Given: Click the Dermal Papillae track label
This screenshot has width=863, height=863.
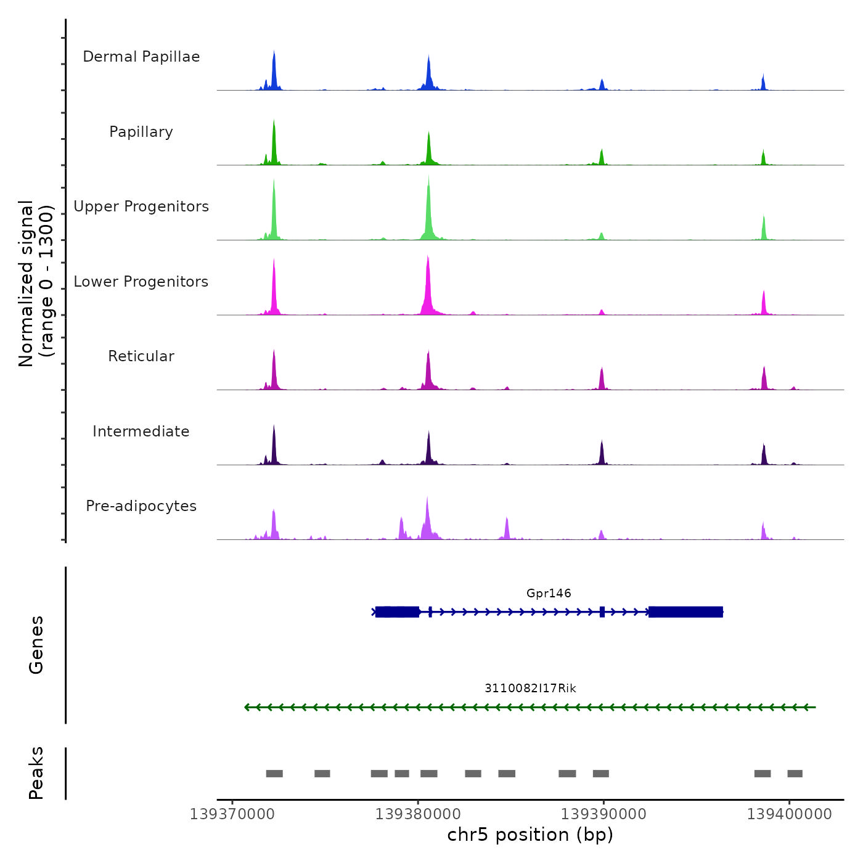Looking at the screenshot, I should click(141, 57).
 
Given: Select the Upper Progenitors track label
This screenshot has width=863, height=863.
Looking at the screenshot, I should click(141, 207).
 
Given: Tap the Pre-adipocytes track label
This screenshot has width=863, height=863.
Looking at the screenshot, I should click(141, 506).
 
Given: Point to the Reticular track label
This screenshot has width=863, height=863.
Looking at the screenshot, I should click(141, 356).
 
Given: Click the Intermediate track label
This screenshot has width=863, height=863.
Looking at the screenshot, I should click(141, 431).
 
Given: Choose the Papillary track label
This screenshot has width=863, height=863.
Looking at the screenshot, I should click(141, 132).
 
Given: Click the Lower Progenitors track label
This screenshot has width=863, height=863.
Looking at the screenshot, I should click(141, 282).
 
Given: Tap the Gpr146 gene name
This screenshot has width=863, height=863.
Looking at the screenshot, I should click(549, 594).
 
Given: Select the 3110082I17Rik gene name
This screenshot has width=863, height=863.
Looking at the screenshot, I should click(530, 689).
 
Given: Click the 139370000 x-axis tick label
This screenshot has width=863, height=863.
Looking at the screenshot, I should click(232, 814).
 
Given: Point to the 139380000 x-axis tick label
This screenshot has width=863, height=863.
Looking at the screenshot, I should click(418, 814).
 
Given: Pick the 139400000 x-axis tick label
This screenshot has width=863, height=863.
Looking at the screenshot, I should click(789, 814).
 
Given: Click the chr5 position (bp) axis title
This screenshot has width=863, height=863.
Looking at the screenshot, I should click(530, 835).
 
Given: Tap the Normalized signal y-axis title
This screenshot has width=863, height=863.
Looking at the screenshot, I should click(36, 284).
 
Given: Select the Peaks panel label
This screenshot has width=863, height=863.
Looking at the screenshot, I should click(36, 773).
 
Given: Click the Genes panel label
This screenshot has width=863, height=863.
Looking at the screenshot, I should click(36, 645).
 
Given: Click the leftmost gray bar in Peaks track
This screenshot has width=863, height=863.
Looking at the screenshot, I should click(274, 774).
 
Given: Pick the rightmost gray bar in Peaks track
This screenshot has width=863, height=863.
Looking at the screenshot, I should click(795, 774).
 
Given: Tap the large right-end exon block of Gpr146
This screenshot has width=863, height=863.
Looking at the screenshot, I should click(685, 612).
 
